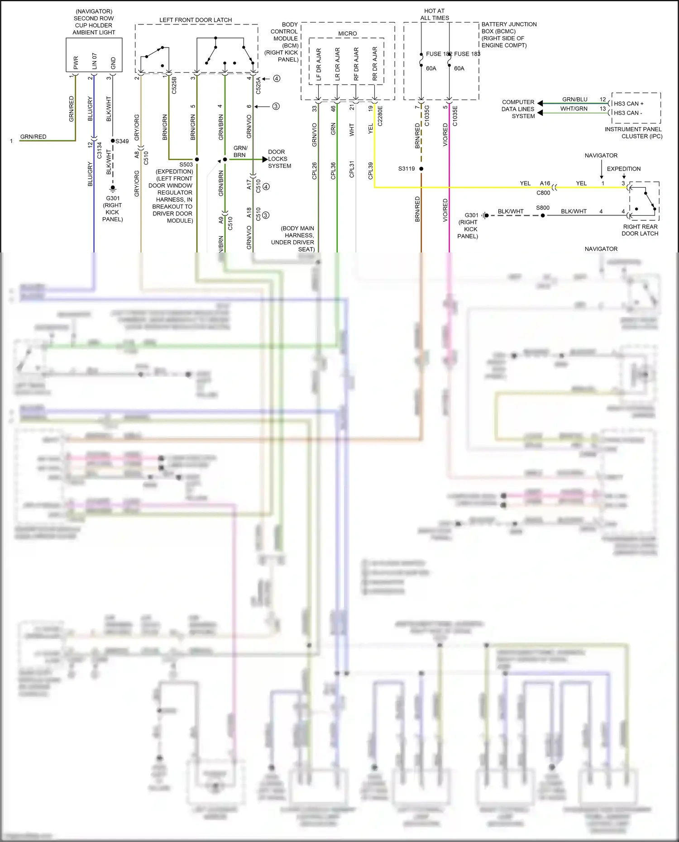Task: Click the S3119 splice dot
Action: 421,169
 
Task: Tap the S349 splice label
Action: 122,141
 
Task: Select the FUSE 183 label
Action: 467,54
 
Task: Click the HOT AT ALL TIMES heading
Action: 435,14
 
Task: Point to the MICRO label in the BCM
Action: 348,33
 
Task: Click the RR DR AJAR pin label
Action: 375,64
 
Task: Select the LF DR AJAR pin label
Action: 319,64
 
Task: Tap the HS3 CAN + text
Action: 629,104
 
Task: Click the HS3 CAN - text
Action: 628,113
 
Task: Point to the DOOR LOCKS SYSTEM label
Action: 279,159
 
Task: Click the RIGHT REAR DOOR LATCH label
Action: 640,230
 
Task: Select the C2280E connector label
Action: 380,116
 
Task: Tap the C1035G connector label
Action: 427,116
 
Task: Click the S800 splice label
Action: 543,208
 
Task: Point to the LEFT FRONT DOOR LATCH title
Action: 196,20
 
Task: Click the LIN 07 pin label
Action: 95,61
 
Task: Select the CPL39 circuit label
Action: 371,171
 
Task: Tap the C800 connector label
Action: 543,193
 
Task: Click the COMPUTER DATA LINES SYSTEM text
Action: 518,109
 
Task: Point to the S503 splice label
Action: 186,165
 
